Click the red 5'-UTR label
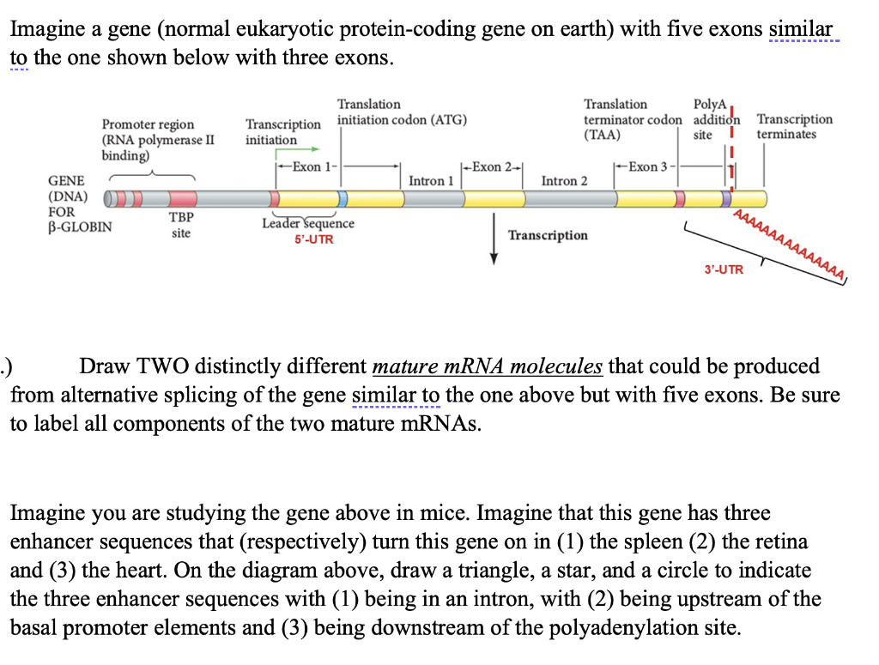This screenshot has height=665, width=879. coord(313,239)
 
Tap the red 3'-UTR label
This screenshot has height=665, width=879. coord(724,270)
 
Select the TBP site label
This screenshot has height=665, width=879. coord(180,225)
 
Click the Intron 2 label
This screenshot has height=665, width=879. coord(564,181)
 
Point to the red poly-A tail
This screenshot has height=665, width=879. coord(790,245)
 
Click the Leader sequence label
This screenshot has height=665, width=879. coord(307,223)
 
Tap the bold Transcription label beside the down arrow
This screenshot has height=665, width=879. coord(548,235)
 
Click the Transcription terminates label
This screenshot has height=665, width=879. coord(794,126)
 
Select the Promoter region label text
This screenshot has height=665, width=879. coord(148,124)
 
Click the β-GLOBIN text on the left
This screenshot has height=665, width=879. coord(79,227)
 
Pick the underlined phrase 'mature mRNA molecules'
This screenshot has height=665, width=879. coord(488,366)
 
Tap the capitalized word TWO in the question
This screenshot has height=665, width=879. coord(159,366)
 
